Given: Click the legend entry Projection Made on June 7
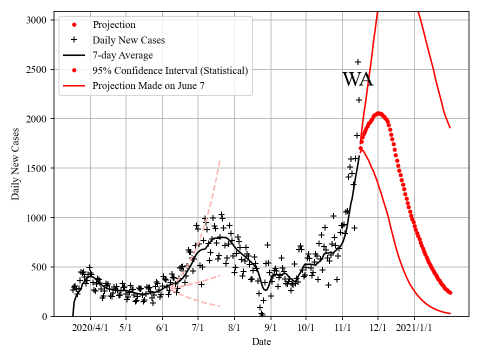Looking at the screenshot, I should point(148,86).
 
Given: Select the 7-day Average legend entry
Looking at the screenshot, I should point(122,55).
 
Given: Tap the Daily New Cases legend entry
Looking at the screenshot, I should point(128,39).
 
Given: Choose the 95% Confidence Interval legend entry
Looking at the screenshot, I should point(170,70).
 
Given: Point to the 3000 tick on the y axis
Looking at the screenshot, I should point(37,20).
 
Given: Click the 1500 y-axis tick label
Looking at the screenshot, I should point(37,168).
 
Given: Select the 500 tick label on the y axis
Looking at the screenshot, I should point(39,267).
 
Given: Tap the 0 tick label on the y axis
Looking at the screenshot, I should point(44,316).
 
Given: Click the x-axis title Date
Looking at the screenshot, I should point(261,342).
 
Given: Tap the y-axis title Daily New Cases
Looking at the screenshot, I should point(15,163).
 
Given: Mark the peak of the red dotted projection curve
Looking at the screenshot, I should point(378,113).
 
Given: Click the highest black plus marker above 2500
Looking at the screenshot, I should point(358,62).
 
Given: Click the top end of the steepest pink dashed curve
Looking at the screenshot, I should point(219,160).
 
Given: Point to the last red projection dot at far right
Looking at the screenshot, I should point(450,292).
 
